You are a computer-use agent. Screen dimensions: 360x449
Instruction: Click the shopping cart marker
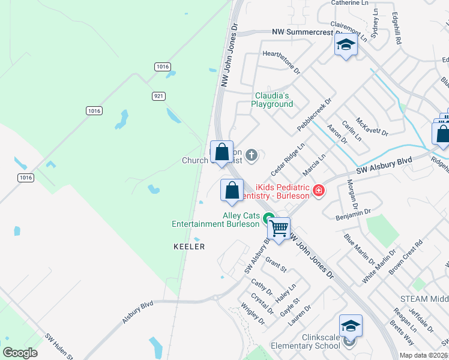click(279, 228)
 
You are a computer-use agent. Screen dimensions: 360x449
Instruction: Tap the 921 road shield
click(158, 96)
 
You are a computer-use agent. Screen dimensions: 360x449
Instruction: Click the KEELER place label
click(189, 247)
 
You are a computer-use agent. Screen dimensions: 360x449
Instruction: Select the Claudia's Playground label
click(272, 100)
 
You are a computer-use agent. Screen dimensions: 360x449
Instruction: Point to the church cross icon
click(252, 155)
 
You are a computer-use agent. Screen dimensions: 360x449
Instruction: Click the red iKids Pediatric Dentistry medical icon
click(318, 191)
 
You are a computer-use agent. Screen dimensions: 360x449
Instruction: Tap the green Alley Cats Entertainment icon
click(270, 220)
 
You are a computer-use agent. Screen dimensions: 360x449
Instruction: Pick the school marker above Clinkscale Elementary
click(351, 326)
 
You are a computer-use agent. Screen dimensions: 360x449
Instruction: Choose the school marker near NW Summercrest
click(346, 44)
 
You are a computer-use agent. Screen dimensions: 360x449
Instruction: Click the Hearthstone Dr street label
click(281, 62)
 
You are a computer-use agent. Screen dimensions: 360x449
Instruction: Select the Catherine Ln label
click(349, 3)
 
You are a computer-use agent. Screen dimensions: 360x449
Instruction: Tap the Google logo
click(20, 353)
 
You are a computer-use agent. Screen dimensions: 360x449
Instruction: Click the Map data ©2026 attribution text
click(423, 355)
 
